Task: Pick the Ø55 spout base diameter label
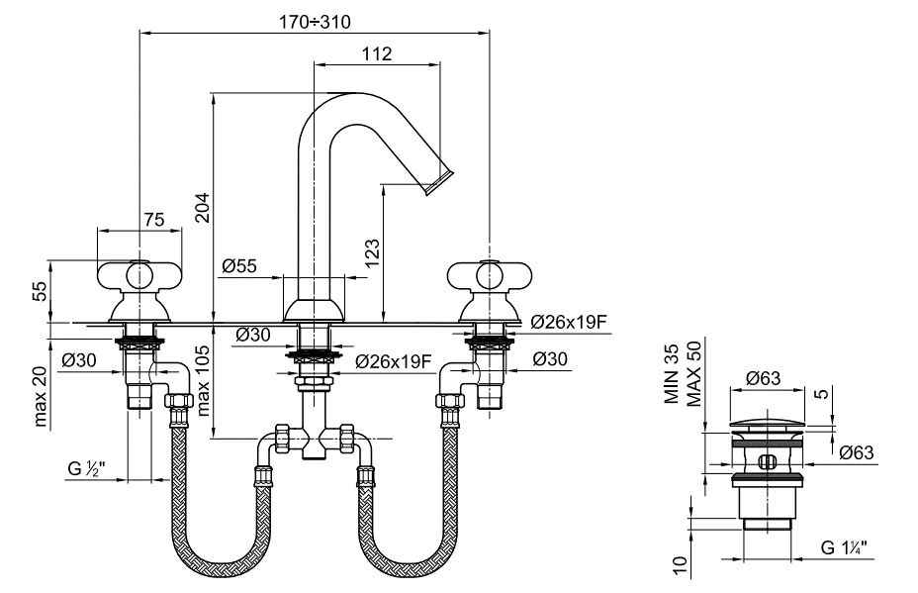click(x=240, y=265)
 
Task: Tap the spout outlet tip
click(x=439, y=182)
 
